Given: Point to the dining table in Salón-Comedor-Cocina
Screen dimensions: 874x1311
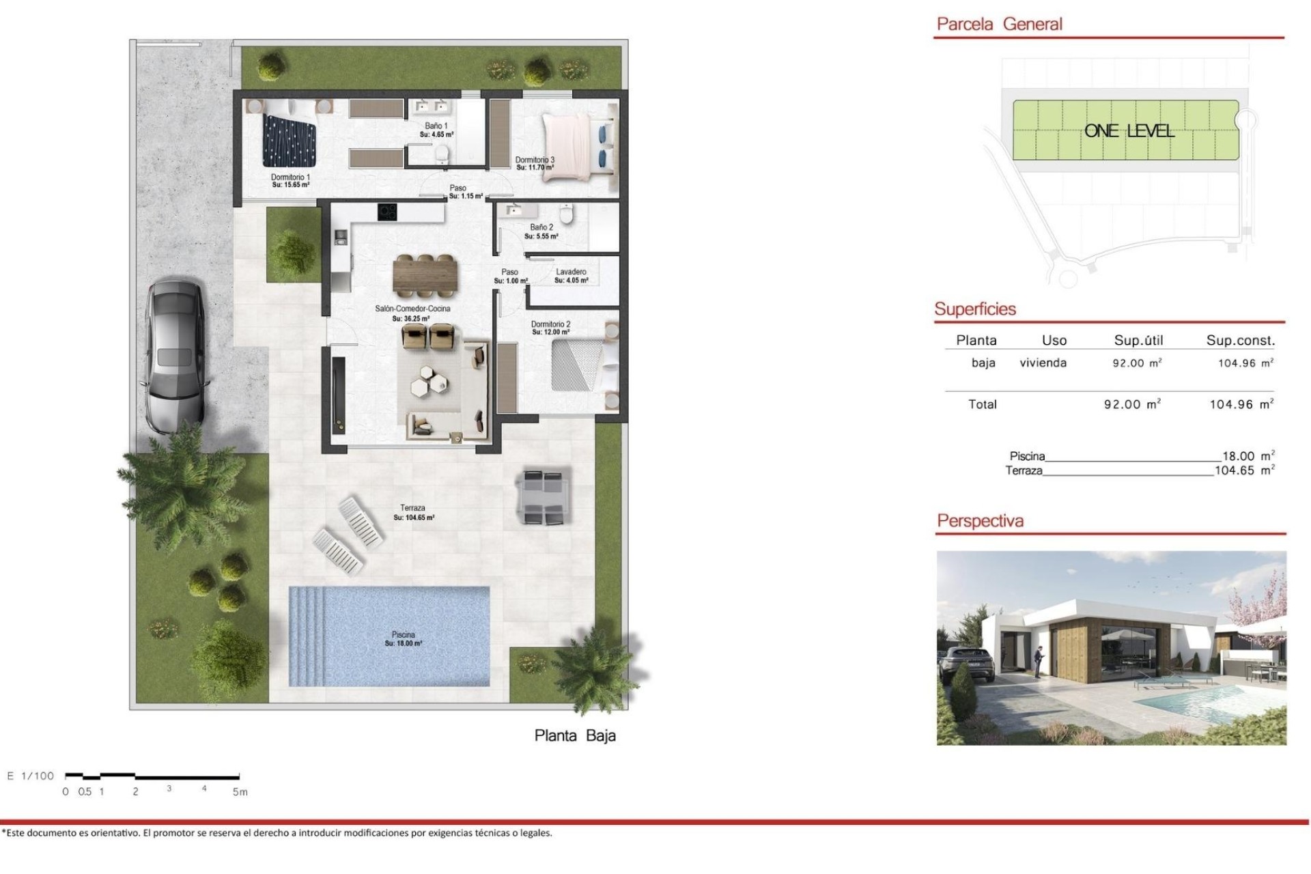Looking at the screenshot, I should [x=425, y=276].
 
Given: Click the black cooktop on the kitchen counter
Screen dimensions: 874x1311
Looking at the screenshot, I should [x=387, y=212].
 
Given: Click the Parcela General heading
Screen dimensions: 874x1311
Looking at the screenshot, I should [x=999, y=25].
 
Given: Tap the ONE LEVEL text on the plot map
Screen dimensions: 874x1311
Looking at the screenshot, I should [x=1129, y=131].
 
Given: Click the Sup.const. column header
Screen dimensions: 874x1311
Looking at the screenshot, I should [x=1240, y=340].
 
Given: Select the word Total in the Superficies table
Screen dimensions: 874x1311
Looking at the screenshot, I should [x=982, y=404].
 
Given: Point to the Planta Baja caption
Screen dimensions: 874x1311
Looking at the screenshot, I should [x=575, y=735].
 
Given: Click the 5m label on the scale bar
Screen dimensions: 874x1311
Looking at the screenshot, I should [x=240, y=792].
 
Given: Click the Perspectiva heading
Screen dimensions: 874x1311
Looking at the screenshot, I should [x=980, y=521].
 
